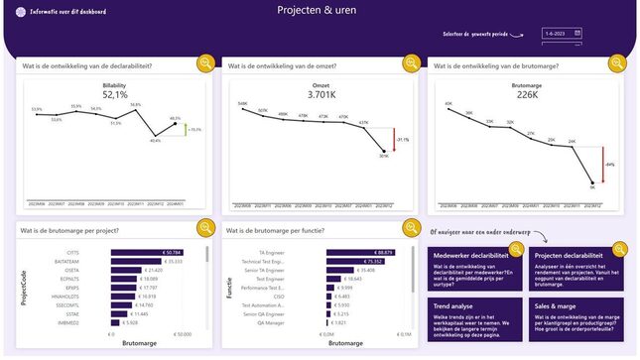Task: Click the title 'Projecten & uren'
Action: (320, 12)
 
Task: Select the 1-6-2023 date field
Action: (562, 33)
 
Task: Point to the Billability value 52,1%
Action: (114, 95)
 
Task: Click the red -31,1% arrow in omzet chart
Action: (394, 140)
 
